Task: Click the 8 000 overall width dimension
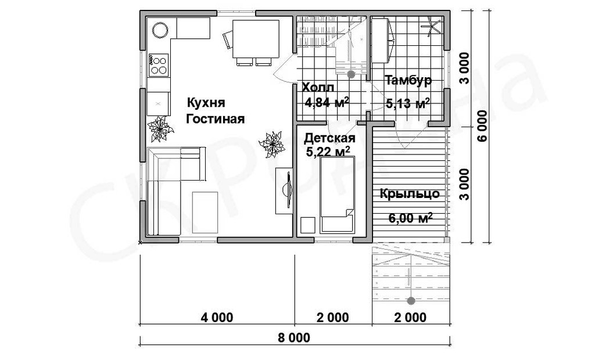point(294,337)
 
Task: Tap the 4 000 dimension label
point(217,317)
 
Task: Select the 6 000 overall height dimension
point(482,126)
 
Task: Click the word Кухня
point(206,103)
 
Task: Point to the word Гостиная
point(215,118)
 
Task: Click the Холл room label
point(318,87)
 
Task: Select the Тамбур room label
point(408,80)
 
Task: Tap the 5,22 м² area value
point(328,152)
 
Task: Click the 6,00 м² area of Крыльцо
point(410,218)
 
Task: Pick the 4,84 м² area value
point(327,102)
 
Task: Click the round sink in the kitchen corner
point(160,30)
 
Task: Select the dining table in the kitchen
point(256,39)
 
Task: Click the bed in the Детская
point(338,195)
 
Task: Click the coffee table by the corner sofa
point(205,213)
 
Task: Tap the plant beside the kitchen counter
point(160,129)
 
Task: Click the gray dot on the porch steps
point(411,301)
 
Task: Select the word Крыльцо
point(410,194)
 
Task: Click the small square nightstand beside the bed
point(307,225)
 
